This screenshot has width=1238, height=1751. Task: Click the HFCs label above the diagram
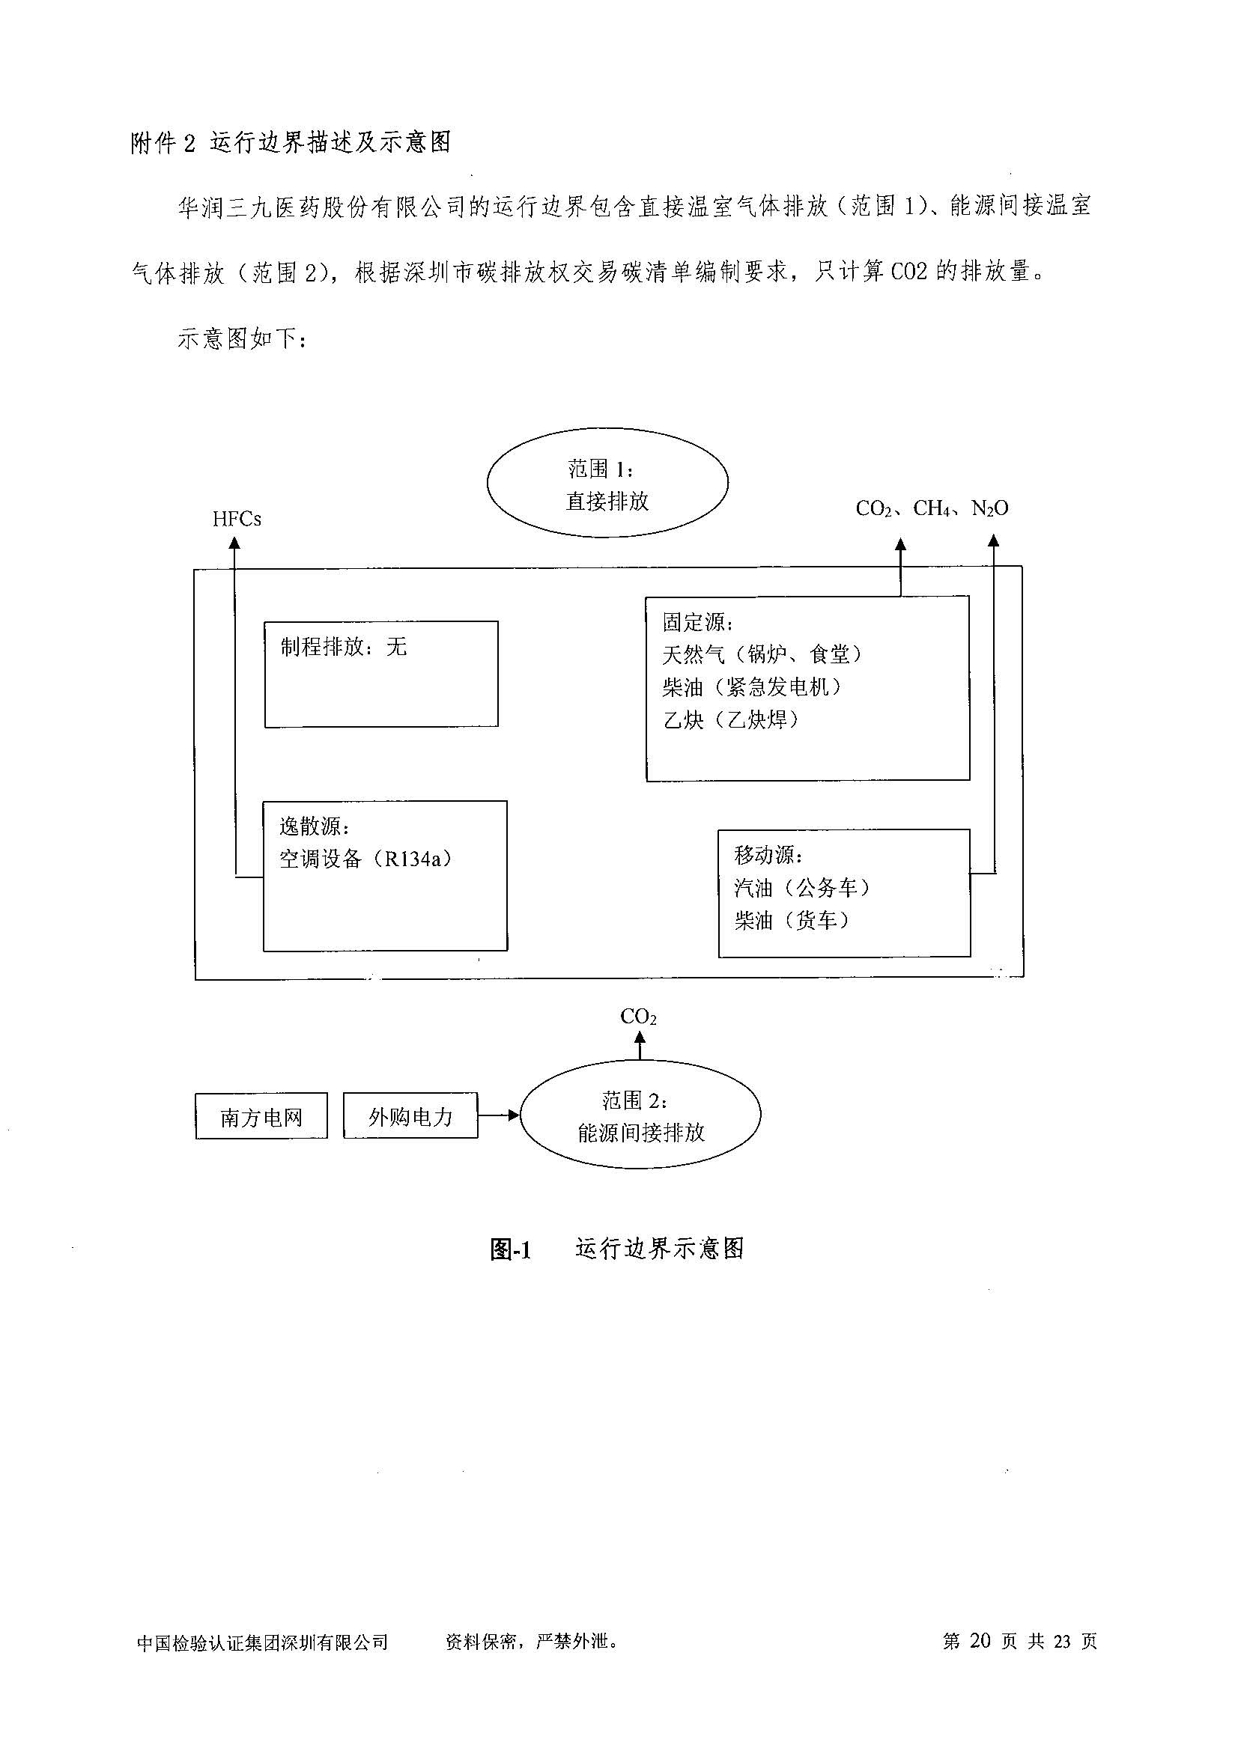pyautogui.click(x=237, y=520)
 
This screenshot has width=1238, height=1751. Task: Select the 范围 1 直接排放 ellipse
pyautogui.click(x=607, y=484)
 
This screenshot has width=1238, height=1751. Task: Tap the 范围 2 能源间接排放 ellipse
pyautogui.click(x=640, y=1115)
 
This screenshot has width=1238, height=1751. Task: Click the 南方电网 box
pyautogui.click(x=261, y=1117)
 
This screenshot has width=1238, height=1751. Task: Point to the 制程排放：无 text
pyautogui.click(x=343, y=648)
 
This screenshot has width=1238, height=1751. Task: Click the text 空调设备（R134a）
pyautogui.click(x=365, y=859)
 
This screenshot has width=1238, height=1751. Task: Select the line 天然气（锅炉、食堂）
pyautogui.click(x=762, y=654)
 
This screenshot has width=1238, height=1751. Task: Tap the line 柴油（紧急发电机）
pyautogui.click(x=752, y=687)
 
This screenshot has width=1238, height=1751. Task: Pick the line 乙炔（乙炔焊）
pyautogui.click(x=731, y=720)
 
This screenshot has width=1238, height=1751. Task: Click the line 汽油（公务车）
pyautogui.click(x=801, y=888)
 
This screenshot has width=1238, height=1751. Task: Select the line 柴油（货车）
pyautogui.click(x=791, y=921)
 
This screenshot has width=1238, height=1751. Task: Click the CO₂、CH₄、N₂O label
pyautogui.click(x=932, y=508)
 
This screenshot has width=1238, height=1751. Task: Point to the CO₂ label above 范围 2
pyautogui.click(x=638, y=1017)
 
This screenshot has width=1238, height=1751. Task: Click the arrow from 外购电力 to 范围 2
pyautogui.click(x=499, y=1115)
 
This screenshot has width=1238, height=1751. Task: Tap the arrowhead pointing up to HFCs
pyautogui.click(x=235, y=542)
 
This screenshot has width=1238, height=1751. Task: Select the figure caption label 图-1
pyautogui.click(x=510, y=1249)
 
